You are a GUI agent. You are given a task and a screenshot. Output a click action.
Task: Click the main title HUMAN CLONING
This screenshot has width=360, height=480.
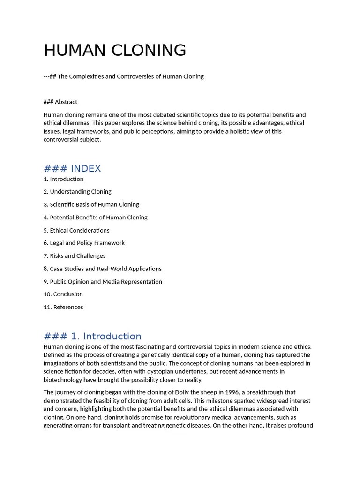point(115,50)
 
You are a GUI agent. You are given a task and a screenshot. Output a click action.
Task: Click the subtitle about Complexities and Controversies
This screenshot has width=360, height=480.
point(124,76)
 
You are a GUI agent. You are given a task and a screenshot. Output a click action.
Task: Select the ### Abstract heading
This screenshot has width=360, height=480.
point(60,102)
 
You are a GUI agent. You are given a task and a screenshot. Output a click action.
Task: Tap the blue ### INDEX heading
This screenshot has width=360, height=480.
point(72,168)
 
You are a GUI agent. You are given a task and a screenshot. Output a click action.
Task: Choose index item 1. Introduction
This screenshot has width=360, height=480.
point(63,179)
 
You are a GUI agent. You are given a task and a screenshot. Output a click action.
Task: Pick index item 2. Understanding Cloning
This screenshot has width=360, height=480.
point(77,192)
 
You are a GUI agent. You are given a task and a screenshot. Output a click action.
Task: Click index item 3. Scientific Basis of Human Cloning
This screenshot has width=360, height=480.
point(91,204)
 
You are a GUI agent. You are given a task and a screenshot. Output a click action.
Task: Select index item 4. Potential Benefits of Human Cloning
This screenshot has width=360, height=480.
point(96,217)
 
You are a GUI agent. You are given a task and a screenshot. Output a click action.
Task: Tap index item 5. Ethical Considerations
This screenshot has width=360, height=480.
point(76,230)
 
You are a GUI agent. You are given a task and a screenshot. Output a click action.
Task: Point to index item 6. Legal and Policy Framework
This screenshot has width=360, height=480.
point(84,243)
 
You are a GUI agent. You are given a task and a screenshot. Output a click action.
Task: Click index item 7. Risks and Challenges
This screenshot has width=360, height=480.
point(75,256)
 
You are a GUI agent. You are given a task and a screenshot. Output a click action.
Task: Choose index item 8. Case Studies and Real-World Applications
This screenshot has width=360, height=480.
point(103,269)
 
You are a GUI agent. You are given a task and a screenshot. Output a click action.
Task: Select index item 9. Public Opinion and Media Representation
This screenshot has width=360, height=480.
point(103,282)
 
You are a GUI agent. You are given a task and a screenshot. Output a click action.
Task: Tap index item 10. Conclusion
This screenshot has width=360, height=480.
point(63,294)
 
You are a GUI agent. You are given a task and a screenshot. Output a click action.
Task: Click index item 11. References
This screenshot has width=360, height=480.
point(63,307)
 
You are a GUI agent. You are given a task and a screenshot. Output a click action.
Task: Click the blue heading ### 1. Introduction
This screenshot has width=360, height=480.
point(92,336)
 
